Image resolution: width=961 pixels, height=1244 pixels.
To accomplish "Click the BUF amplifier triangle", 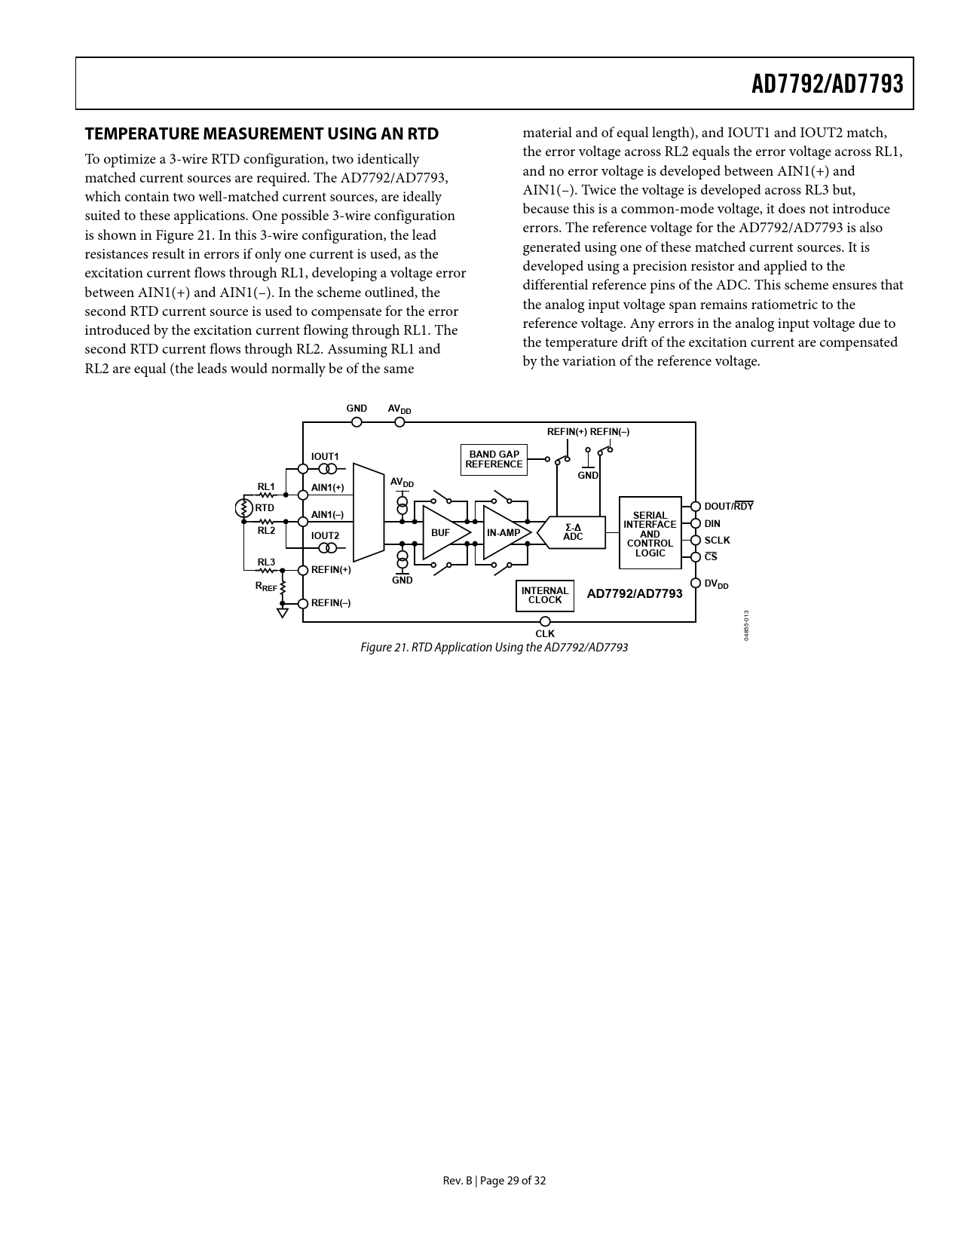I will point(443,533).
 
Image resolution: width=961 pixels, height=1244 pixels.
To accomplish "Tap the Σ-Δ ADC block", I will point(573,532).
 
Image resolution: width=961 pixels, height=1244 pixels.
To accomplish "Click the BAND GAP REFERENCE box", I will point(494,460).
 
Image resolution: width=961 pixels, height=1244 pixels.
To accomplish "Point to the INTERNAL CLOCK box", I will point(545,596).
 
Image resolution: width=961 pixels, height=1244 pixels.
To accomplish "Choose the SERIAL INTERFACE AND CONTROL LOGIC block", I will point(650,533).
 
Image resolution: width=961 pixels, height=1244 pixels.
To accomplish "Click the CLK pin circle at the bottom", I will point(545,622).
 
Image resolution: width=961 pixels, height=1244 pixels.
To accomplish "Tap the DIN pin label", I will point(712,524).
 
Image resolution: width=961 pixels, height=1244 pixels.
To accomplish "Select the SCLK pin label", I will point(717,541).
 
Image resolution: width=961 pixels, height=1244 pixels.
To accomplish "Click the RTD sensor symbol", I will point(243,508).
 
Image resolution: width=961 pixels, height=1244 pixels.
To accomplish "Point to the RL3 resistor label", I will point(266,562).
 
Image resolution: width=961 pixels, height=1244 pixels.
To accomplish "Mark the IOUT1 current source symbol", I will point(326,469).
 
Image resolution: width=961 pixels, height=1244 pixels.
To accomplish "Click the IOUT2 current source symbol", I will point(326,548).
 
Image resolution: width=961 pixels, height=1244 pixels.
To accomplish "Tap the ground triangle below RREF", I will point(283,613).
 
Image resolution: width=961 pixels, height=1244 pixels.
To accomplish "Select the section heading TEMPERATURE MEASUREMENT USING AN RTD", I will point(262,134).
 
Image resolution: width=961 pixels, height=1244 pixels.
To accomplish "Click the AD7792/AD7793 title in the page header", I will point(827,84).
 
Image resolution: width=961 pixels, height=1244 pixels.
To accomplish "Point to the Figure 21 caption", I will point(494,648).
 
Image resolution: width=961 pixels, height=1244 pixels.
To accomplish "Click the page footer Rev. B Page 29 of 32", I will point(494,1181).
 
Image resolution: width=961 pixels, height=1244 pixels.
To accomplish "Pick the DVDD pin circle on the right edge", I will point(696,584).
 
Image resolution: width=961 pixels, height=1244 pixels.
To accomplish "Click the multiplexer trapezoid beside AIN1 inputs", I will point(369,513).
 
